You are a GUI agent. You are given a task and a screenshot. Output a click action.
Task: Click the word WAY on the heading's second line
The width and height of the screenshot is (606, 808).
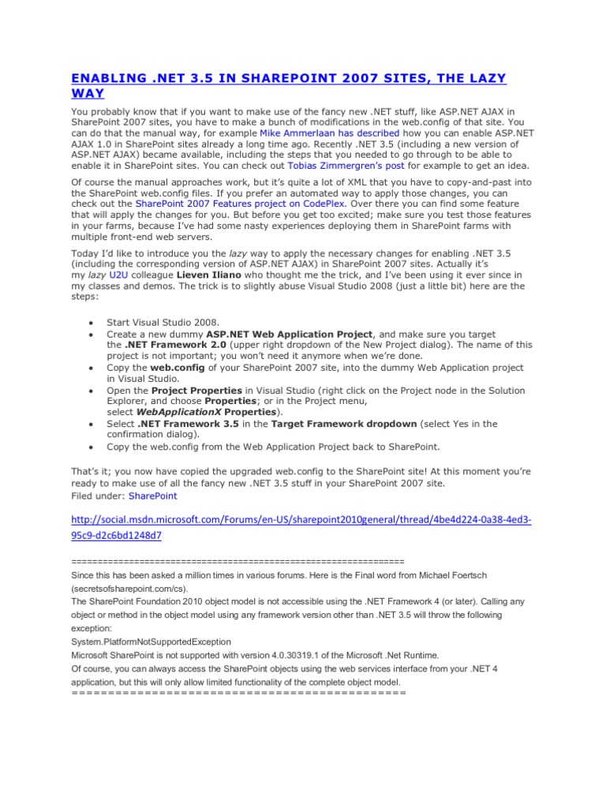pos(88,94)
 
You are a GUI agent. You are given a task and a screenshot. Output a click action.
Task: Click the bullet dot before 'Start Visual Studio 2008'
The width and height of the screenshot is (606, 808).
pos(92,324)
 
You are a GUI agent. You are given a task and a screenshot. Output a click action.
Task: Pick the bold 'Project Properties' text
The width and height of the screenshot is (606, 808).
pos(196,390)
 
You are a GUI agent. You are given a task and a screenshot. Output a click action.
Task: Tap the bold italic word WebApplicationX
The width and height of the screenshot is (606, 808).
pos(174,412)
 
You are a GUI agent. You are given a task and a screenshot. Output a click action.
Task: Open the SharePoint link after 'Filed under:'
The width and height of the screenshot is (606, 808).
pos(153,496)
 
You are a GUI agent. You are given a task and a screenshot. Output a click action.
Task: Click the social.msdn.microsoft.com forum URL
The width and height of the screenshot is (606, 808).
pos(301,528)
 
